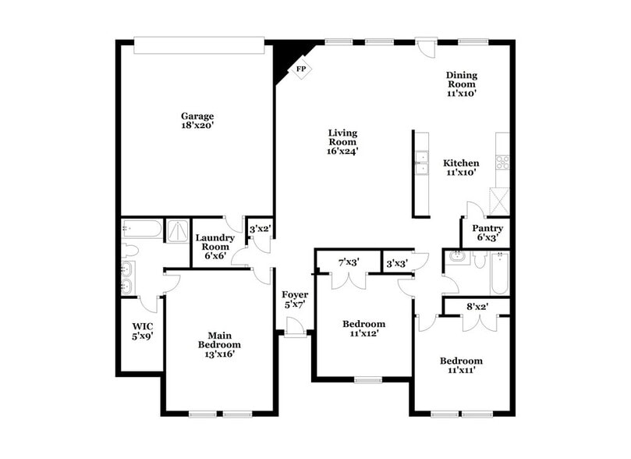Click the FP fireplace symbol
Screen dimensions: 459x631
pyautogui.click(x=300, y=69)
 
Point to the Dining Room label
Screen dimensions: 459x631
pyautogui.click(x=461, y=80)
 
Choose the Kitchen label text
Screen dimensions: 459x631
pyautogui.click(x=461, y=163)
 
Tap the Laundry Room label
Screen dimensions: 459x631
pyautogui.click(x=214, y=242)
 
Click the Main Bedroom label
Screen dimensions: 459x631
pyautogui.click(x=218, y=340)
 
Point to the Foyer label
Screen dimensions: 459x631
pyautogui.click(x=295, y=294)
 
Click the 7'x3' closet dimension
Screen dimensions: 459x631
pyautogui.click(x=348, y=262)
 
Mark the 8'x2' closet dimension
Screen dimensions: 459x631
pyautogui.click(x=476, y=308)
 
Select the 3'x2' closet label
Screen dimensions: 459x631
pyautogui.click(x=259, y=229)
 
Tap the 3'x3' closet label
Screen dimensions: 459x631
pyautogui.click(x=397, y=264)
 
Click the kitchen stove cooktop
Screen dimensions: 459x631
pyautogui.click(x=502, y=162)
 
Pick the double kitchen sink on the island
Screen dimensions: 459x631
pyautogui.click(x=421, y=162)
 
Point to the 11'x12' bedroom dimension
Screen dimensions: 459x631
pyautogui.click(x=363, y=333)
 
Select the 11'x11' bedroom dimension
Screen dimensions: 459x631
pyautogui.click(x=460, y=370)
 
